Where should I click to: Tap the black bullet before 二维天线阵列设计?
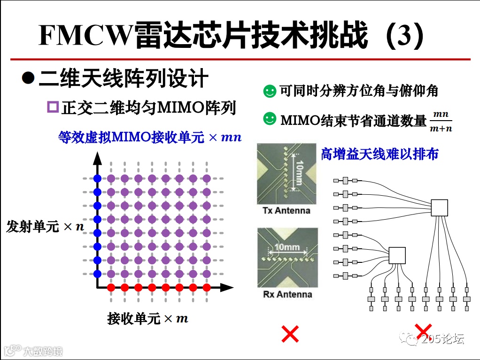29,77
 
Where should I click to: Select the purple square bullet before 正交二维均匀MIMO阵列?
53,107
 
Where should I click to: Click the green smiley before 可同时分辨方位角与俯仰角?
270,91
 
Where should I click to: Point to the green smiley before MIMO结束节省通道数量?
270,119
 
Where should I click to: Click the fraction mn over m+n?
441,121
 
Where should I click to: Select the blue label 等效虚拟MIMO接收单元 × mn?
150,137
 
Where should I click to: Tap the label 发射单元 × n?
45,227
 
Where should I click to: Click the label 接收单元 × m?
147,319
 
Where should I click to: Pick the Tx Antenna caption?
286,211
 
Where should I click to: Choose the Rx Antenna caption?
287,294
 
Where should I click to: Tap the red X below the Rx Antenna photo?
290,334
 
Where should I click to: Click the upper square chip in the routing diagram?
439,207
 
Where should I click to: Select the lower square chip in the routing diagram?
397,255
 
